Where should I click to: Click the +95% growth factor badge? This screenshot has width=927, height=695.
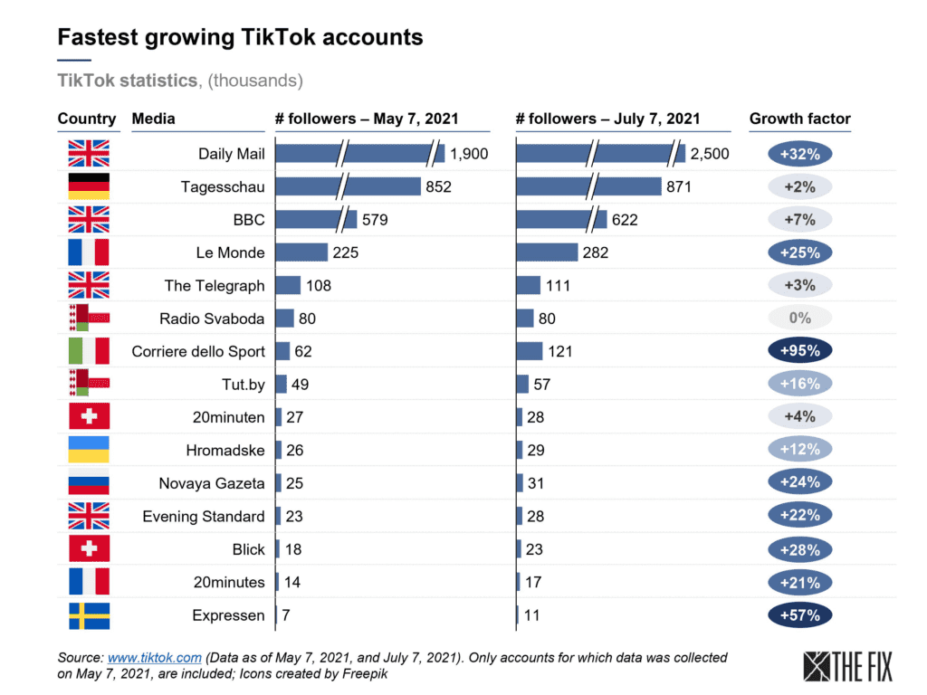[799, 351]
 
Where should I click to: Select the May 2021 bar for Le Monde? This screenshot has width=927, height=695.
[301, 252]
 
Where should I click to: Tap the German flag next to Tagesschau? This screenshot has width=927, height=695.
[89, 186]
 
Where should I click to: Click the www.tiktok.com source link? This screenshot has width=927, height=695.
[154, 658]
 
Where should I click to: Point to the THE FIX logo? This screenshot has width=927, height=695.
[848, 666]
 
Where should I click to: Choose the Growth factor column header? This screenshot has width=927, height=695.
[799, 119]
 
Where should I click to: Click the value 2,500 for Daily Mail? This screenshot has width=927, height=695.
[710, 154]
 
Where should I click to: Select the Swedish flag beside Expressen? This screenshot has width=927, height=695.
[89, 615]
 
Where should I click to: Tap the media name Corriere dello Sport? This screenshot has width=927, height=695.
[198, 351]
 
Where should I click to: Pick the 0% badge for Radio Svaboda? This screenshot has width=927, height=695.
[799, 319]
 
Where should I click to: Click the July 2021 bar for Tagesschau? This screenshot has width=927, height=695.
[588, 186]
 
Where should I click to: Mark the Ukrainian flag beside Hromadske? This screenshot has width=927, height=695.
[89, 450]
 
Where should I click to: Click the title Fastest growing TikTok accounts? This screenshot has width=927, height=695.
[240, 37]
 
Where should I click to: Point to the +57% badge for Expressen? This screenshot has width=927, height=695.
[799, 615]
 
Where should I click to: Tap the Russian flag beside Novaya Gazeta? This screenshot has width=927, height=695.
[89, 483]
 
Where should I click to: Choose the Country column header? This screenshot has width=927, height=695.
[87, 119]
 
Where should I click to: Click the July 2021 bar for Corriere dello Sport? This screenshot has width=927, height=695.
[530, 351]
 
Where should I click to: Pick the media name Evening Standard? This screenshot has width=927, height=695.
[204, 517]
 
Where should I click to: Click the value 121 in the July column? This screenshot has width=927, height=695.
[560, 351]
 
